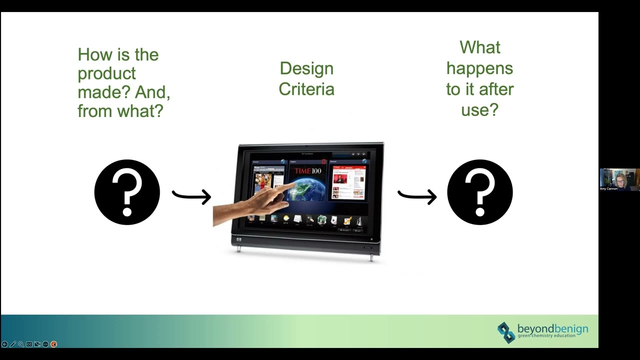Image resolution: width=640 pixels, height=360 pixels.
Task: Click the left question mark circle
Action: click(127, 192)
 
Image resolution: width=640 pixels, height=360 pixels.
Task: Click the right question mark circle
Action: click(479, 192)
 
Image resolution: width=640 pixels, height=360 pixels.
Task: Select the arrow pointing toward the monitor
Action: click(191, 195)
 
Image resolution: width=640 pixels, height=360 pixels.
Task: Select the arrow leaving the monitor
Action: click(417, 195)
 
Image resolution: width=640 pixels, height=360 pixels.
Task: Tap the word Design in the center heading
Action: click(306, 68)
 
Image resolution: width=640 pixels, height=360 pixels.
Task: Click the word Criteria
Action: click(306, 89)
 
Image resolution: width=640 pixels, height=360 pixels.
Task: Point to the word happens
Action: click(479, 68)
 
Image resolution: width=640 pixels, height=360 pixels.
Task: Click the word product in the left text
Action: click(106, 73)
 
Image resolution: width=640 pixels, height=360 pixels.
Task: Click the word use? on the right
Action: click(479, 109)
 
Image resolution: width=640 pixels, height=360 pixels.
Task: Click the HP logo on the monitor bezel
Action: click(239, 240)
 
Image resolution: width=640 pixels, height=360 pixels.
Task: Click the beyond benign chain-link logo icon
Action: click(506, 332)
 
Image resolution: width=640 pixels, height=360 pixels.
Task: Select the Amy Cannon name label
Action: click(609, 188)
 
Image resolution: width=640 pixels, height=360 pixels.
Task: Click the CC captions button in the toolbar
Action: click(29, 344)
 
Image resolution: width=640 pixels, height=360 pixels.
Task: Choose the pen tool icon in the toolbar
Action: click(13, 344)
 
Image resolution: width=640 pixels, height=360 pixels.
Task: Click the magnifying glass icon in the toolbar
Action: click(21, 344)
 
